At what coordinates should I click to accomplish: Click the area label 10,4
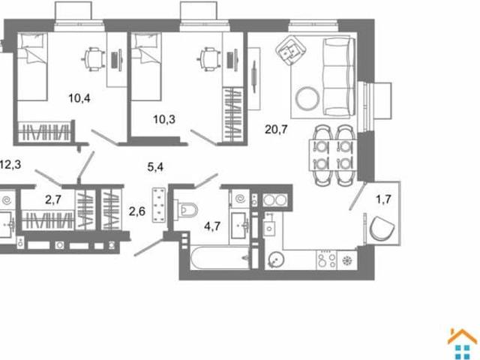(79, 98)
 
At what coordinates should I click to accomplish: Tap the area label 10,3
(164, 119)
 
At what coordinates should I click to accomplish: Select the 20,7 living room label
(276, 130)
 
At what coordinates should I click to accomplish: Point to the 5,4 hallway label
(155, 167)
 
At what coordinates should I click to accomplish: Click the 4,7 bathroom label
(212, 226)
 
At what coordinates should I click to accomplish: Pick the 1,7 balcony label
(383, 199)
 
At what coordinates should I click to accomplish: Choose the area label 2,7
(53, 200)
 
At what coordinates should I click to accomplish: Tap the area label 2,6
(136, 211)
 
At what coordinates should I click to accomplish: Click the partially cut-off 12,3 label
(10, 165)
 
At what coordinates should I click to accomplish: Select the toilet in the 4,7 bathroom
(186, 210)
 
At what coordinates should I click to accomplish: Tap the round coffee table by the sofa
(307, 98)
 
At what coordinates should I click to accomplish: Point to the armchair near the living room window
(290, 49)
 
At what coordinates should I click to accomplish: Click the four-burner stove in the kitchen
(326, 260)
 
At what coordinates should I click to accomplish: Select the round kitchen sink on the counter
(277, 260)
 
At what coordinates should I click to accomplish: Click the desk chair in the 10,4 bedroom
(93, 58)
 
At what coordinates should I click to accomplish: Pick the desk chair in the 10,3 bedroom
(209, 58)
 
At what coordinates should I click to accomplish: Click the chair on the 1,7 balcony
(382, 228)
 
